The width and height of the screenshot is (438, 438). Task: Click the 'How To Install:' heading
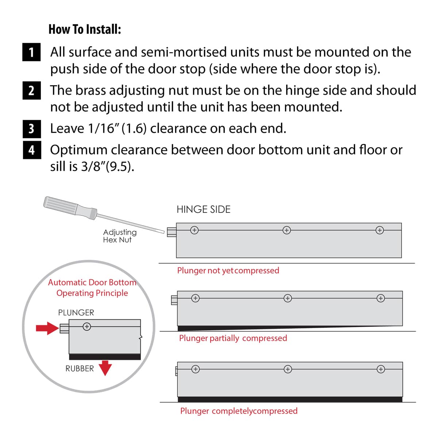coord(85,29)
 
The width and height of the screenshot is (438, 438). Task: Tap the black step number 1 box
coord(31,52)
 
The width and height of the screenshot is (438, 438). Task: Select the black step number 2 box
coord(31,90)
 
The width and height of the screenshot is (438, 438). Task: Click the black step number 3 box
coord(31,128)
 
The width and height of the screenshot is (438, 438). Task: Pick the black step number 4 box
coord(31,150)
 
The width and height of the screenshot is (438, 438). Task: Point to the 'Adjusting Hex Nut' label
coord(119,236)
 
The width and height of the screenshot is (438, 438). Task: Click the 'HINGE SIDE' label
coord(203,210)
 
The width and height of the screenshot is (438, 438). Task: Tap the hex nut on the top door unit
coord(172,232)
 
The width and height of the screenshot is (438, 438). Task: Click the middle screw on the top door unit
coord(287,230)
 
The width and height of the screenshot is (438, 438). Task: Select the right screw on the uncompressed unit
coord(380,230)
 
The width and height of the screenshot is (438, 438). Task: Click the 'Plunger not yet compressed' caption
coord(228,270)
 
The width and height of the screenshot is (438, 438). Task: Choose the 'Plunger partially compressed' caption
coord(233,338)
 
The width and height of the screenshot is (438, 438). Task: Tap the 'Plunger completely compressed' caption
coord(239,411)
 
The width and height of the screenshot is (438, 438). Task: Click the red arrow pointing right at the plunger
coord(47,328)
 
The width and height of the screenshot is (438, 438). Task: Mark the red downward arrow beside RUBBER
coord(105,368)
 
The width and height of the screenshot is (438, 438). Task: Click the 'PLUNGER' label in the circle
coord(76,313)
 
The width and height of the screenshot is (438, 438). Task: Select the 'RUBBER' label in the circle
coord(80,369)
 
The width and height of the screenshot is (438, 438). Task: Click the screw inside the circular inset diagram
coord(87,327)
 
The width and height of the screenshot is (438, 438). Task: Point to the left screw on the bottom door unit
coord(196,369)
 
